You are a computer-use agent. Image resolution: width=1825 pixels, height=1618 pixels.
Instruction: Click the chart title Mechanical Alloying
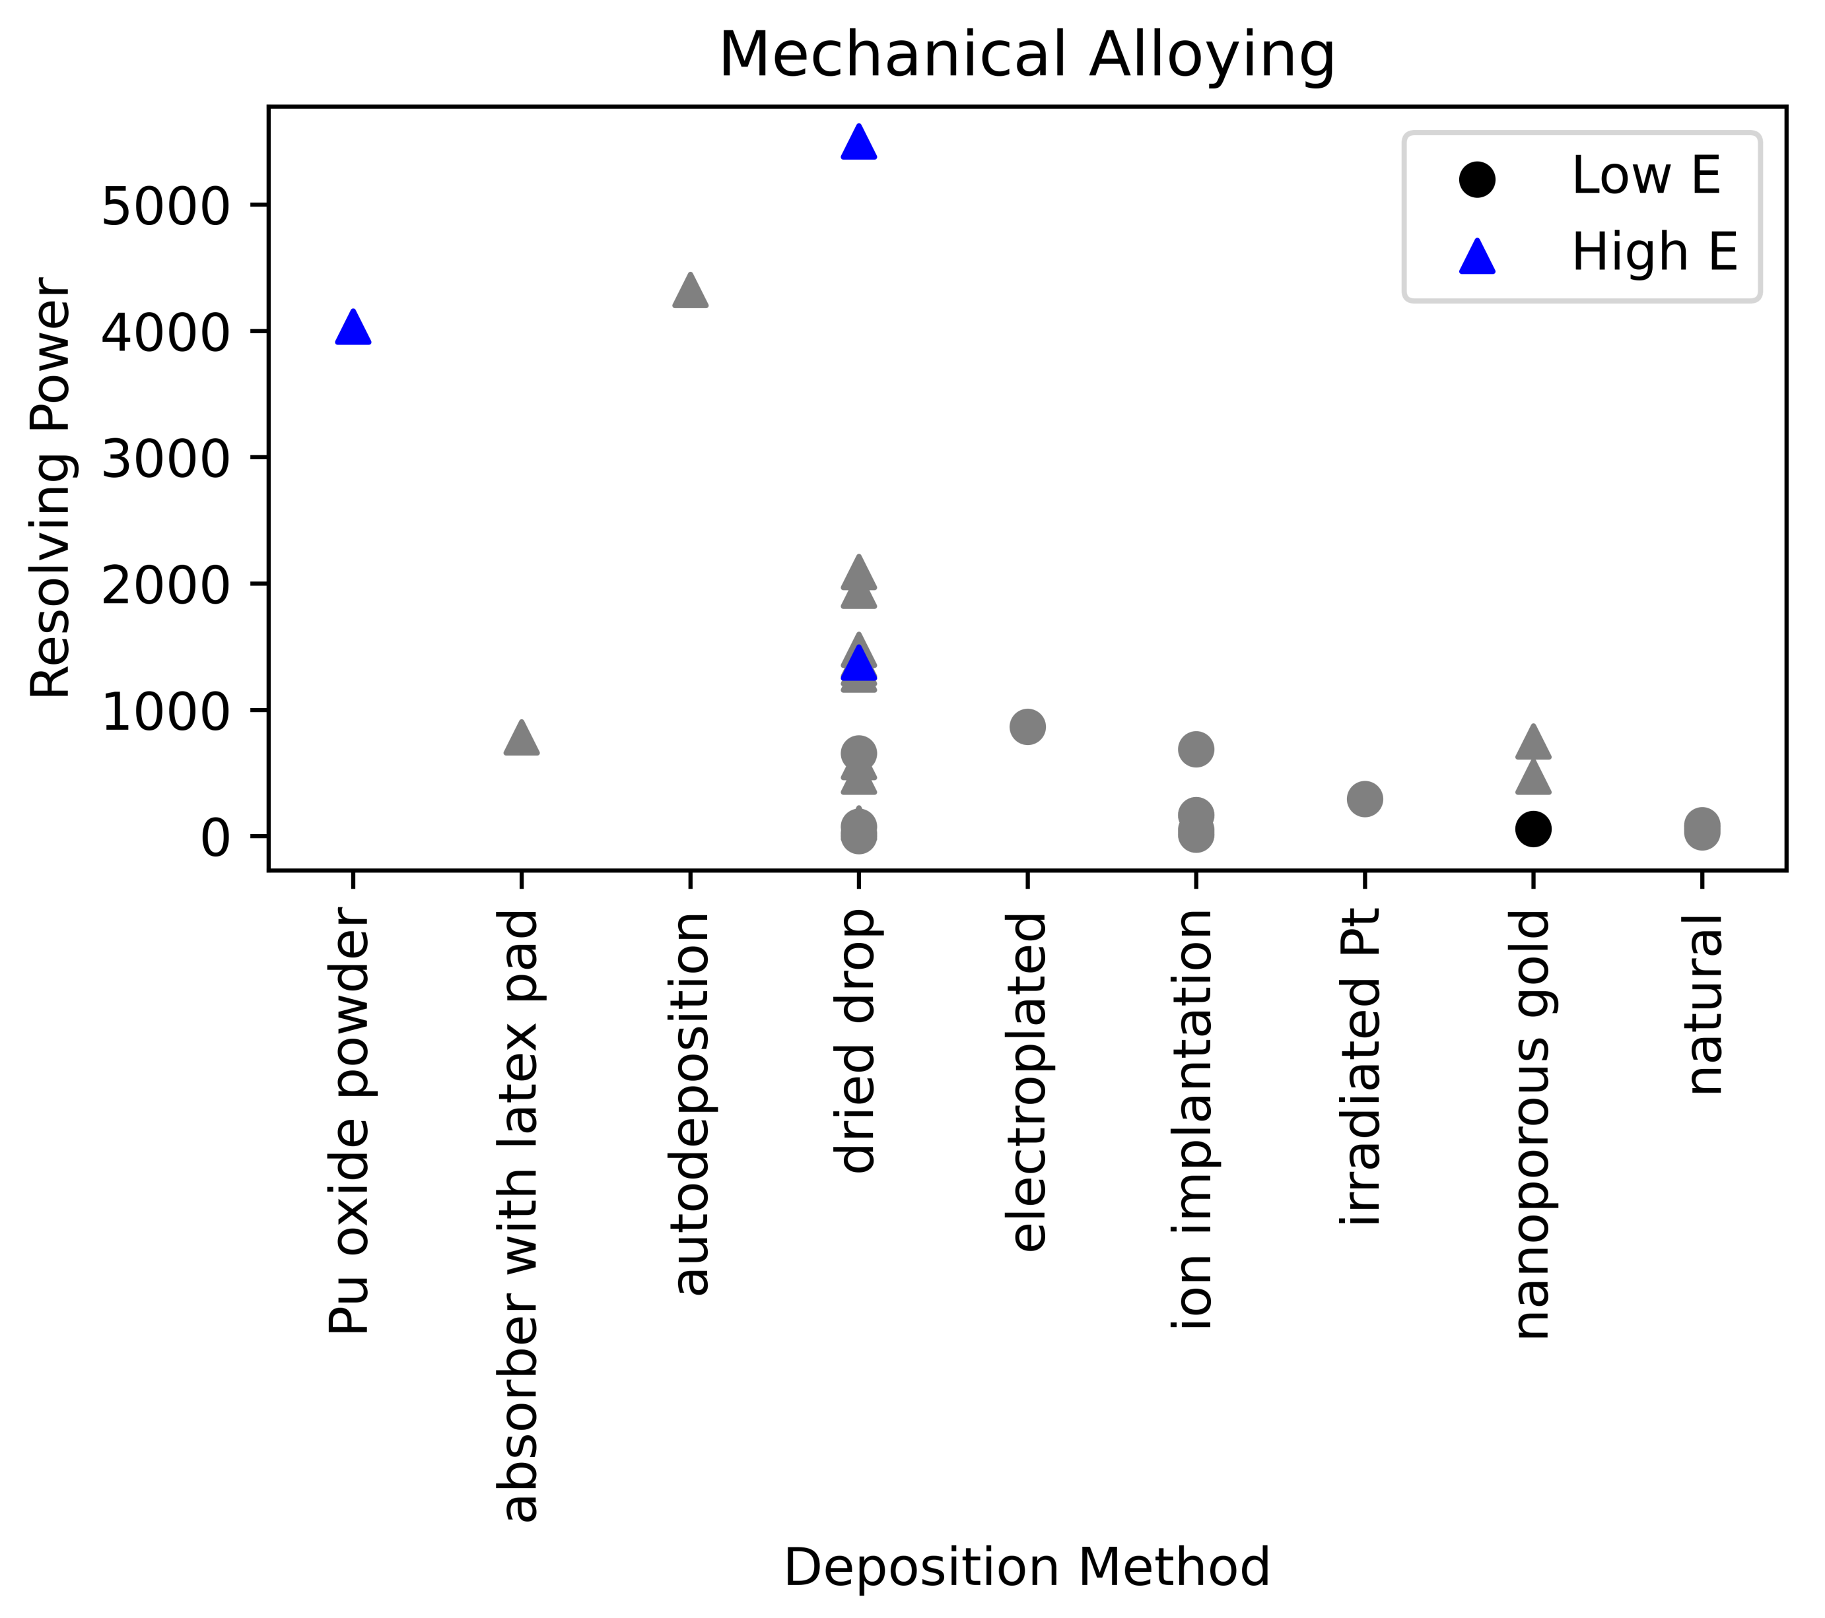tap(1027, 55)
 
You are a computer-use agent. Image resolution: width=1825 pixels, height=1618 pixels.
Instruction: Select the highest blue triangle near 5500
tap(859, 143)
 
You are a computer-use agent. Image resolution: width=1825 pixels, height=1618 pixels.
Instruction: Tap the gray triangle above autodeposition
tap(690, 291)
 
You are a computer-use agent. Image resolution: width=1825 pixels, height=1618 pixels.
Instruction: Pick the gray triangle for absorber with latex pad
tap(522, 739)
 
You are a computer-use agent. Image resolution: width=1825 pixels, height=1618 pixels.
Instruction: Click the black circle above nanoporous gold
tap(1533, 829)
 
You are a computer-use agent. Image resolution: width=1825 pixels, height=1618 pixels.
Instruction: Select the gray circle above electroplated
tap(1027, 727)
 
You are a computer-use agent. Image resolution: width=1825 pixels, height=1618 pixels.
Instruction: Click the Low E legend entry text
tap(1645, 176)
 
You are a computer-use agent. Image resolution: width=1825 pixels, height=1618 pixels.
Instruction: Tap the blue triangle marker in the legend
tap(1478, 256)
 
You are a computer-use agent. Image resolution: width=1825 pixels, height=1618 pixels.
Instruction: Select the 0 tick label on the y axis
tap(215, 838)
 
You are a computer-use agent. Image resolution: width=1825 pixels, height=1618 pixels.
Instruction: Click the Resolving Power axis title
tap(51, 488)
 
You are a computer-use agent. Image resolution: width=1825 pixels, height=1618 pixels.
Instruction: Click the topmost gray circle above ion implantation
tap(1196, 749)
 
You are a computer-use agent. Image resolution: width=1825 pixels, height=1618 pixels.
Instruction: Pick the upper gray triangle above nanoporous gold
tap(1533, 742)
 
